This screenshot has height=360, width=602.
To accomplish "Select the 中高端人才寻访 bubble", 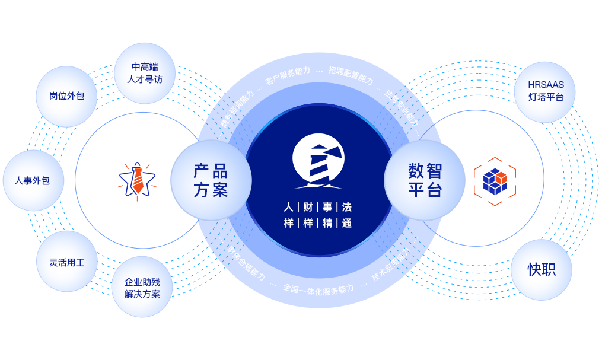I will pos(144,73).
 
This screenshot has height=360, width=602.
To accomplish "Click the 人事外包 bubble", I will pos(32,180).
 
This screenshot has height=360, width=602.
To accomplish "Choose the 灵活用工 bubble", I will pos(66,262).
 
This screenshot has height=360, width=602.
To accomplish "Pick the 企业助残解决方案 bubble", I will pos(142,288).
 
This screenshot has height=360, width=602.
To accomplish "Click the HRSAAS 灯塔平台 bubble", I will pos(546,91).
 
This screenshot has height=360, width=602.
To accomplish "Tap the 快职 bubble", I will pos(542,269).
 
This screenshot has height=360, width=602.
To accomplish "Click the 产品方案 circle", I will pos(211,180).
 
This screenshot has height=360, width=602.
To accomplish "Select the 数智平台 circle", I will pos(425,180).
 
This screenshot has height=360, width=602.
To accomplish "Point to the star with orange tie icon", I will pos(137,179).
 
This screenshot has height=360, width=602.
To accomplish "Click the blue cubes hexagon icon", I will pos(495,180).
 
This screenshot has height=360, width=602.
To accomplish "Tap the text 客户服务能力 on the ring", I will pos(287,75).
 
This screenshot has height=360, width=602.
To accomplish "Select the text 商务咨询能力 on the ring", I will pos(235,109).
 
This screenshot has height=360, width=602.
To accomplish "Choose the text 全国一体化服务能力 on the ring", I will pos(318,289).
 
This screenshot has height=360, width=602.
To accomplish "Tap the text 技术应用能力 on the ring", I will pos(391,265).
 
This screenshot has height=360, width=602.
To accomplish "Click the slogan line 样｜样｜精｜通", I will pos(318,223).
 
